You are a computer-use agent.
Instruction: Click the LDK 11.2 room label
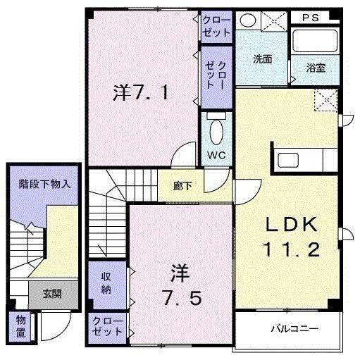point(293,237)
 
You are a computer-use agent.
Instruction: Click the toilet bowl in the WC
point(216,131)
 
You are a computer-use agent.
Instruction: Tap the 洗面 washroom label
point(263,60)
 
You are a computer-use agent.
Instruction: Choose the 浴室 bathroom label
point(316,68)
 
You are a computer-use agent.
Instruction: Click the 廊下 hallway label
point(188,187)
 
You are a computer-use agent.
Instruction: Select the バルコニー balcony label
point(295,328)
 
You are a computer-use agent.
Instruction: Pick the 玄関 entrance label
point(51,294)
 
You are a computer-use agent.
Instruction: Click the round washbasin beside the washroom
point(247,20)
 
